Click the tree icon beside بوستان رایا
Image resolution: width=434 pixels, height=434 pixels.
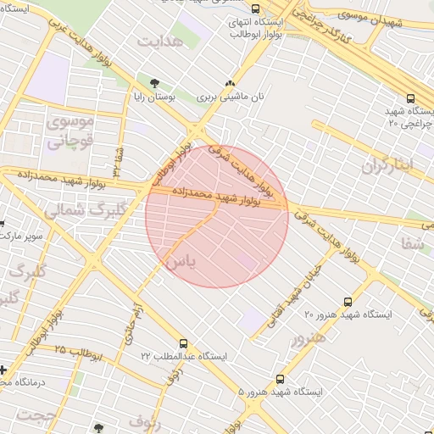click(x=154, y=83)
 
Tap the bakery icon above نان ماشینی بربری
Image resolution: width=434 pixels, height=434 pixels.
click(x=229, y=83)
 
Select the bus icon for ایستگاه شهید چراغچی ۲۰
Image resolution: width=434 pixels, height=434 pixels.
click(x=411, y=98)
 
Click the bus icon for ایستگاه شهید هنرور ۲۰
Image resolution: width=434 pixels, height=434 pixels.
click(x=348, y=301)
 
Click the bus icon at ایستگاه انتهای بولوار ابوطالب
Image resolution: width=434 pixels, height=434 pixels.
click(x=232, y=8)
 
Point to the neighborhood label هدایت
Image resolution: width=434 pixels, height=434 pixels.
click(x=161, y=40)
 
